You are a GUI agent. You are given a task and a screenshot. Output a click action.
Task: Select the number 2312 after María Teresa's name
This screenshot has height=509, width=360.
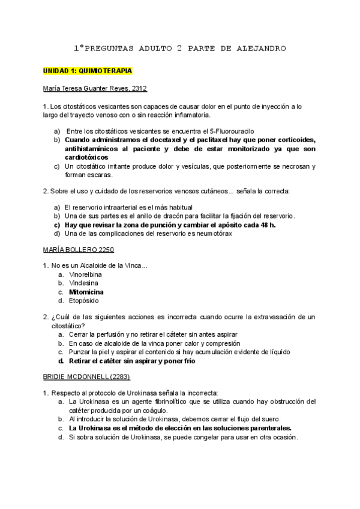[x=139, y=88]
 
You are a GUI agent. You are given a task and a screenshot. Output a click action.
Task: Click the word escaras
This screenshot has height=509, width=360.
[x=99, y=175]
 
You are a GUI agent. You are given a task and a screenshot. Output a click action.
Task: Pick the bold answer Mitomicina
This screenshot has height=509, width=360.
[x=87, y=292]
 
